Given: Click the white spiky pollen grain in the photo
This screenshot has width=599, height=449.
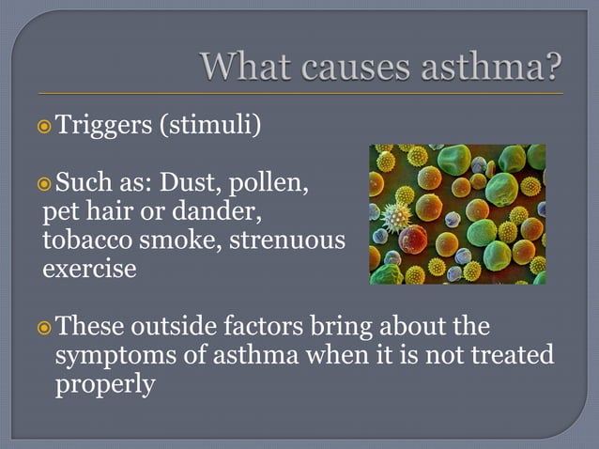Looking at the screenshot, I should pos(397,218).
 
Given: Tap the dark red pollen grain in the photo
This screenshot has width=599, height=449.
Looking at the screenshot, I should pos(413,239).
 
